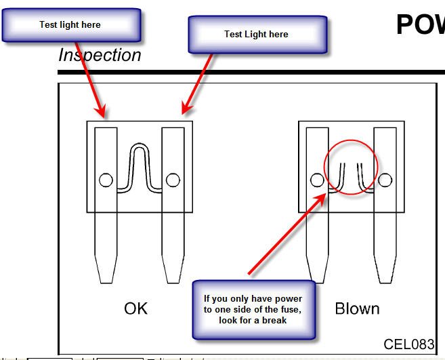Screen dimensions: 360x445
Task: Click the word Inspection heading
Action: (x=100, y=55)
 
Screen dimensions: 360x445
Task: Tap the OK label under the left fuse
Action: (x=135, y=308)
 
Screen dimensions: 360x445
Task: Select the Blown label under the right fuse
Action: (x=357, y=308)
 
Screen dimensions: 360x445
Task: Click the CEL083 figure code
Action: (x=408, y=344)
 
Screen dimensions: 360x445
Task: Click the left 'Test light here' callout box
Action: (x=70, y=26)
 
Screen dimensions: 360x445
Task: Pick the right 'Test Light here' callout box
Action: (x=257, y=35)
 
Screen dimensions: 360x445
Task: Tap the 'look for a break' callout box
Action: (x=253, y=309)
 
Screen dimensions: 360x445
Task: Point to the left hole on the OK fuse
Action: (x=106, y=180)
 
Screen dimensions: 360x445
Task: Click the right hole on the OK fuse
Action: (x=173, y=180)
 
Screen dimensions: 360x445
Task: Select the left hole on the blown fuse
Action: (x=317, y=180)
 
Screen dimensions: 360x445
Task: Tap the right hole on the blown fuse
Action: (x=385, y=180)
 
